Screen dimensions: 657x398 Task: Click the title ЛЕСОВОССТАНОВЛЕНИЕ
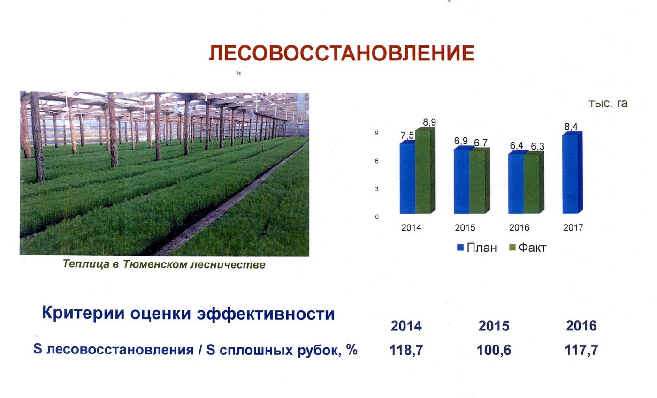point(342,53)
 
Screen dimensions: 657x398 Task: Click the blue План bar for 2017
point(572,173)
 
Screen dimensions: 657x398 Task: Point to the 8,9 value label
point(429,122)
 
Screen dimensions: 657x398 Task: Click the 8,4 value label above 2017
point(571,127)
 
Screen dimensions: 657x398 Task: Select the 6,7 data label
point(481,143)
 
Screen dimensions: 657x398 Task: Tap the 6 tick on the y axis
point(377,161)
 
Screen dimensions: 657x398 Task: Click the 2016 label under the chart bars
point(519,228)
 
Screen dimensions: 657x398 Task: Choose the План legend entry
point(477,248)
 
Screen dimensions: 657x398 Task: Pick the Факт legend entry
point(528,248)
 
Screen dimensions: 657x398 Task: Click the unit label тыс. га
point(608,103)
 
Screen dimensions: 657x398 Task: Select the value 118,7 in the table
point(406,350)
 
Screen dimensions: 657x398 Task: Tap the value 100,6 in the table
point(494,350)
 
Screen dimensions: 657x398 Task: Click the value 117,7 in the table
point(581,350)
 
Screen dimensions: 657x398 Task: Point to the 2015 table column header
point(494,326)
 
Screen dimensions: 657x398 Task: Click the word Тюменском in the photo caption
point(155,264)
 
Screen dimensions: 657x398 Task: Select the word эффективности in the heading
point(266,314)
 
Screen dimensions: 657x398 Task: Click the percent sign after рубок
point(351,349)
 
